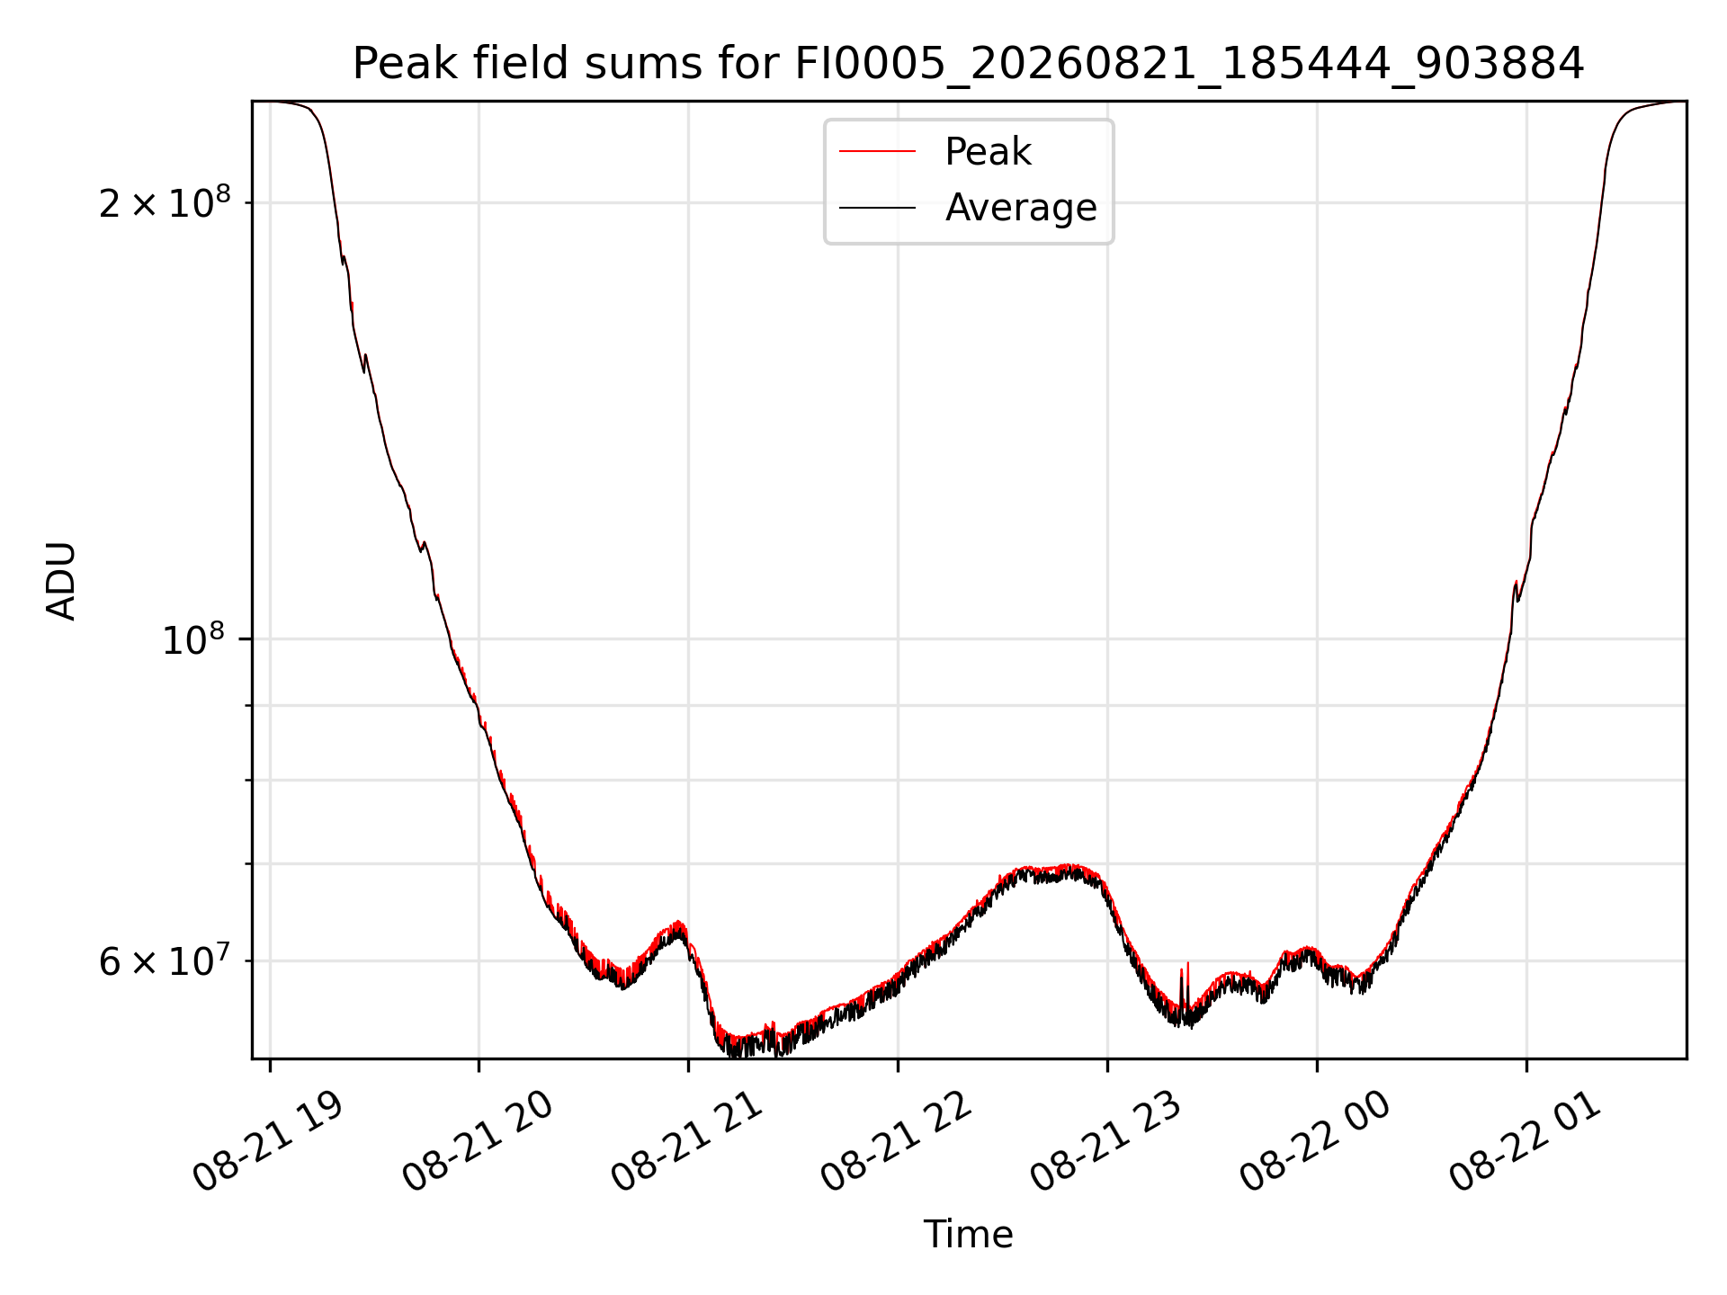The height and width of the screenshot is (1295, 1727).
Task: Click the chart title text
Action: [x=968, y=64]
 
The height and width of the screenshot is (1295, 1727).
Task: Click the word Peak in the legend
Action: [x=988, y=152]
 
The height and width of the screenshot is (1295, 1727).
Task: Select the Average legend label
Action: [x=1021, y=208]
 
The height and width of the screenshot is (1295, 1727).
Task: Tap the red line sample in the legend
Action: [x=877, y=152]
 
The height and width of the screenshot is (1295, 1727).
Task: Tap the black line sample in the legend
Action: [x=877, y=208]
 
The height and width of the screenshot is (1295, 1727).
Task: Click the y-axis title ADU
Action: [x=61, y=581]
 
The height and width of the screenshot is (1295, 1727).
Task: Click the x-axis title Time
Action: [x=968, y=1235]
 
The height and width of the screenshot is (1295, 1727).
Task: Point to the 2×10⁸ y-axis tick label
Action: [x=165, y=202]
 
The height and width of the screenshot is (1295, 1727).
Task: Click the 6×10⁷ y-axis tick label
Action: [x=165, y=960]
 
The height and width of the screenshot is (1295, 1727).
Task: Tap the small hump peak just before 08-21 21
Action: [x=678, y=924]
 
